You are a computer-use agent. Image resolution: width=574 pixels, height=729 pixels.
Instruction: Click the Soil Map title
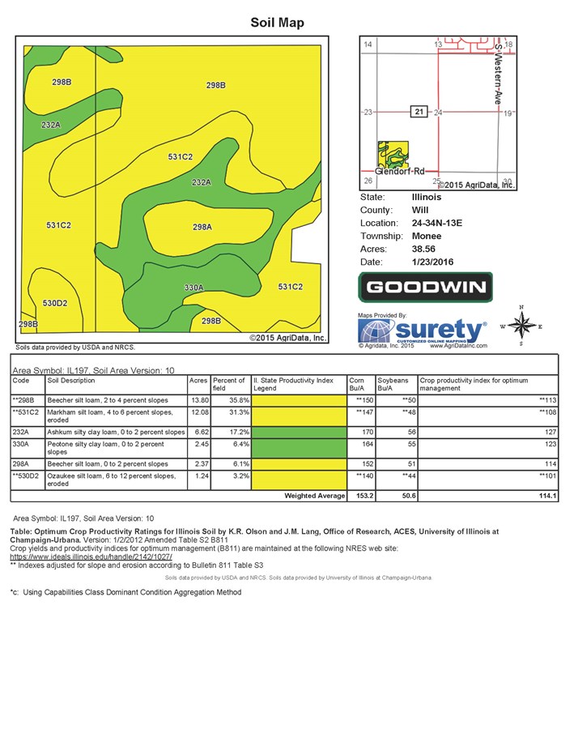[x=277, y=23]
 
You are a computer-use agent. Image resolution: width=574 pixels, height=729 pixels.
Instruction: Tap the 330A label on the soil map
[x=193, y=288]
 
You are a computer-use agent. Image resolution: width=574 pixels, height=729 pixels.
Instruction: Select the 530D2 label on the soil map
[x=54, y=303]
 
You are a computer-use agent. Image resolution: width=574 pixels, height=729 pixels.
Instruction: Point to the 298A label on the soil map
[x=202, y=228]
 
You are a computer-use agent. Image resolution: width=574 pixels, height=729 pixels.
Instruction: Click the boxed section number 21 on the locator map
[x=419, y=112]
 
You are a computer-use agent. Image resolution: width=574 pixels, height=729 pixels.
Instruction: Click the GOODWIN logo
[x=426, y=287]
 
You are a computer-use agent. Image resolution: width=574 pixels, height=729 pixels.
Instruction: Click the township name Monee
[x=427, y=236]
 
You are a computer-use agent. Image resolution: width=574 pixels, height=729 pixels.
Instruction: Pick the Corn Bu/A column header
[x=356, y=384]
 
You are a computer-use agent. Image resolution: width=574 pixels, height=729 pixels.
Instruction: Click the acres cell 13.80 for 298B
[x=198, y=399]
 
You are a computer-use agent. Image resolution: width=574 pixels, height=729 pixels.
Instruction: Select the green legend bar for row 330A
[x=298, y=446]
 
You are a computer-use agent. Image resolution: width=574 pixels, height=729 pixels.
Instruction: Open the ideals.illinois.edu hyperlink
[x=91, y=557]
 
